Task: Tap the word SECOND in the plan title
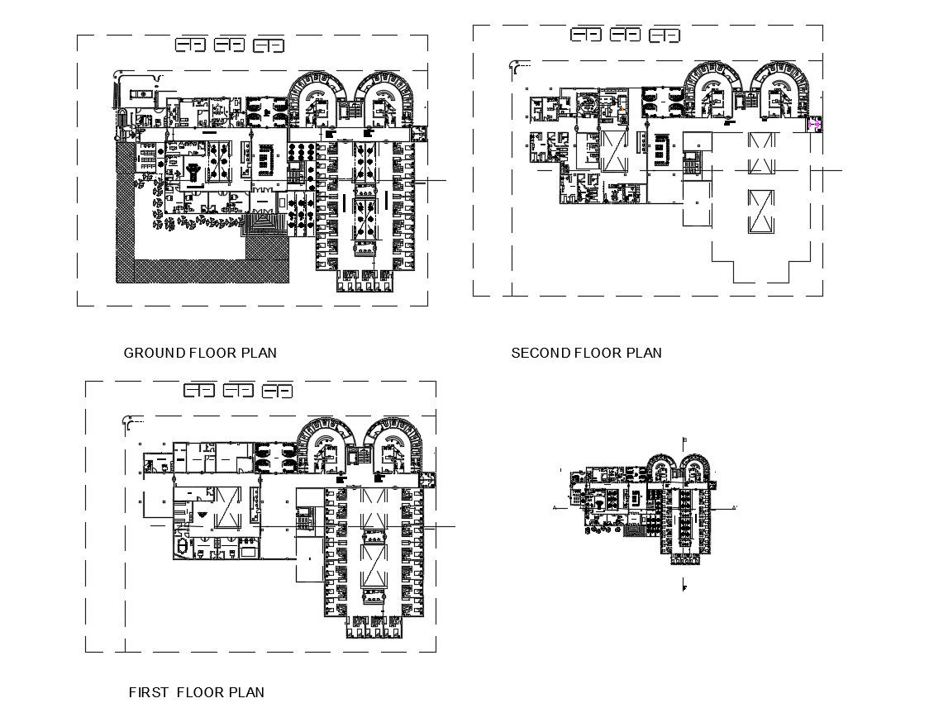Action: [x=541, y=353]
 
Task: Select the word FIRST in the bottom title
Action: [x=150, y=692]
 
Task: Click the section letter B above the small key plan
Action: [x=685, y=439]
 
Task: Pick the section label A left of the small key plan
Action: [x=554, y=508]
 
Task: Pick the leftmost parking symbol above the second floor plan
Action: [x=586, y=35]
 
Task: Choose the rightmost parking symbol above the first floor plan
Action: [x=278, y=391]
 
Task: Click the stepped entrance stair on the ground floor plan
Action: [x=265, y=224]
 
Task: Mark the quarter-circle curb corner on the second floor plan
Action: [x=520, y=65]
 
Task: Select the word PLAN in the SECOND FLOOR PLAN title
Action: [x=644, y=353]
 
